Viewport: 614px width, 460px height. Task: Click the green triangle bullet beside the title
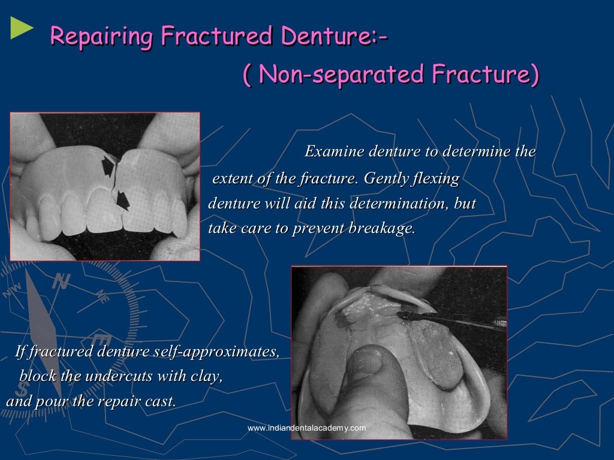coord(22,29)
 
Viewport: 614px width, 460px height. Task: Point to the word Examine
coord(333,152)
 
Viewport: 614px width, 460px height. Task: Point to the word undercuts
coord(138,377)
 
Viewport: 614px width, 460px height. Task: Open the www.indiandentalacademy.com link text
coord(306,428)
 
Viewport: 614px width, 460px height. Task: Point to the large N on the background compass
coord(60,281)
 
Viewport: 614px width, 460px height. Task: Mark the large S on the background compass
coord(21,392)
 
